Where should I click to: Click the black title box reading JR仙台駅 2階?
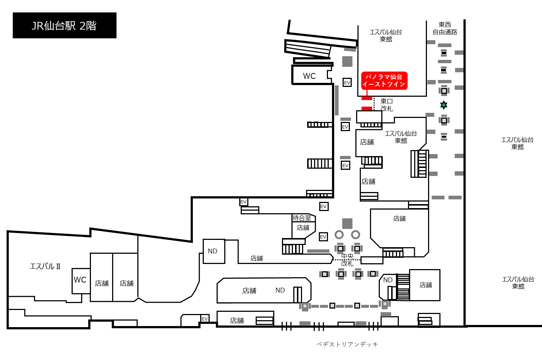65,26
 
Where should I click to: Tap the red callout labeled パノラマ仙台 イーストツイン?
384,81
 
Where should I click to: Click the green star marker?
443,105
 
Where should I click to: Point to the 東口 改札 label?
386,105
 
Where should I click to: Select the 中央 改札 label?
347,260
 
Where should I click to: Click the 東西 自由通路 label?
445,28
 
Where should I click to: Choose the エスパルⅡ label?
45,267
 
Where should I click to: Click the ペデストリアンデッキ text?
347,344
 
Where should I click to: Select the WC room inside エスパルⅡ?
81,281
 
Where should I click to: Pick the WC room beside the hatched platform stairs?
311,75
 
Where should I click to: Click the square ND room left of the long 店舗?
214,251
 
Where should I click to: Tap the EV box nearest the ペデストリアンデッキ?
205,319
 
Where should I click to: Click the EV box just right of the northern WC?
347,83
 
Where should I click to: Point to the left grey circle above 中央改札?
339,234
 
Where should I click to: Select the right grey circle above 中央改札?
355,234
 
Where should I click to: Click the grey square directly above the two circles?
347,223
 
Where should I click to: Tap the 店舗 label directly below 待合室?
303,228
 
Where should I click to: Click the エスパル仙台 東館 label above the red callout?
386,35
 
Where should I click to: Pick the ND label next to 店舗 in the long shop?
280,290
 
